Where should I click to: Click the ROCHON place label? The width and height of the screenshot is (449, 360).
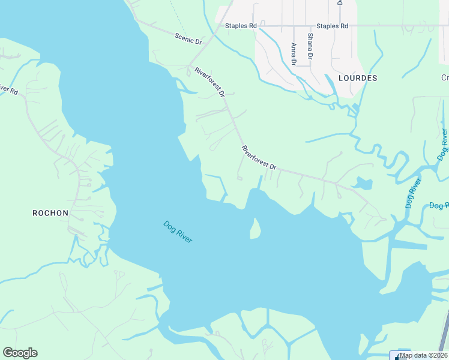pos(50,213)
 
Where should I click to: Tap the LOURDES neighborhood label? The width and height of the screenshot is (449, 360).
pos(357,78)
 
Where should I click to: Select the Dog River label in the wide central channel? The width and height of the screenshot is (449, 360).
pos(178,232)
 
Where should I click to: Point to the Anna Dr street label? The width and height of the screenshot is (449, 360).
pos(294,54)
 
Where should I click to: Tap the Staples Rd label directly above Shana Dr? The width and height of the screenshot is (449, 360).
pos(332,26)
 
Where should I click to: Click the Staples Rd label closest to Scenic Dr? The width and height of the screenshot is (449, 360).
pos(241,26)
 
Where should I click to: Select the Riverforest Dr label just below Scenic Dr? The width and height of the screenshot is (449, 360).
pos(209,82)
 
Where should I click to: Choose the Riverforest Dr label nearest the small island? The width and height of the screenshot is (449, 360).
pos(259,158)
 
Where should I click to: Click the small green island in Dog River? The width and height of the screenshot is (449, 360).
pos(255,229)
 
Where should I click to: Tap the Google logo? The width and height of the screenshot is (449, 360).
pos(20,353)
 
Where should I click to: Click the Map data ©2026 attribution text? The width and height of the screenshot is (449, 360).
pos(423,355)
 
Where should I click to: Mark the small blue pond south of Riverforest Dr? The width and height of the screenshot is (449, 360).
pos(362,183)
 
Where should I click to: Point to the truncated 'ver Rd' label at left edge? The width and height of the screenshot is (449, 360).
pos(8,91)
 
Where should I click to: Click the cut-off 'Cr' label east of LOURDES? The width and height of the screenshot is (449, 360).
pos(445,78)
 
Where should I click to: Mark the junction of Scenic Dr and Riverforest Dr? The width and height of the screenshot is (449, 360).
pos(191,65)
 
